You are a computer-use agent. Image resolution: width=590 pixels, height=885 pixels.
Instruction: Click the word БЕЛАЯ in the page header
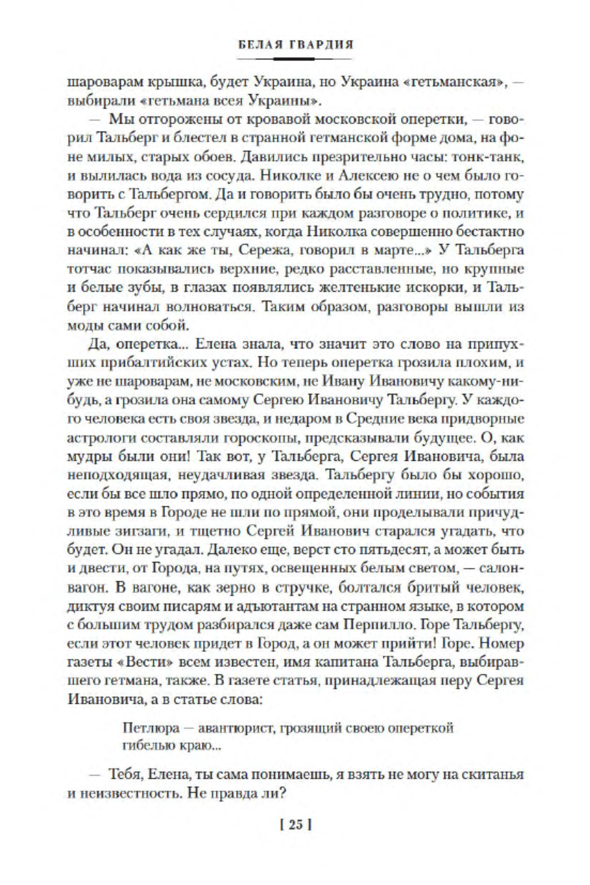260,45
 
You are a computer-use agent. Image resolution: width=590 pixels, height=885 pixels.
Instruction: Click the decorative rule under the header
295,59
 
